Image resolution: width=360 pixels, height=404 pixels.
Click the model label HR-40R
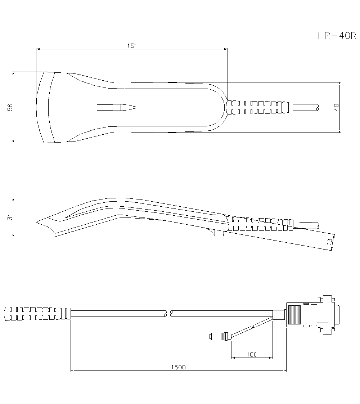coord(337,36)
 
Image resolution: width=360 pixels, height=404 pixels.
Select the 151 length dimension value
coord(132,46)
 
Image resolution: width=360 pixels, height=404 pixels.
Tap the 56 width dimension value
coord(10,107)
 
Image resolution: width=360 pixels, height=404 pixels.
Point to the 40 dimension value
coord(337,107)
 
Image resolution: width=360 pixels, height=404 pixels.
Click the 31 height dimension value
coord(10,217)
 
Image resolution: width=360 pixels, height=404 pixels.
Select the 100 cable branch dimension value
coord(252,354)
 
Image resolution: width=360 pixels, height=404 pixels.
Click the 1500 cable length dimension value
coord(179,367)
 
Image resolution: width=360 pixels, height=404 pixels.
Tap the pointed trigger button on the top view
coord(112,107)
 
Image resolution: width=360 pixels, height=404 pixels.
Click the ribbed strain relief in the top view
coord(259,107)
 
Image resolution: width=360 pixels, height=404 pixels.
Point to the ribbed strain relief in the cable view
coord(36,313)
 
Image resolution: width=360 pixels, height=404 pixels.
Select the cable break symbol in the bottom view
coord(168,313)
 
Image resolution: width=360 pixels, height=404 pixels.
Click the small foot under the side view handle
coord(218,234)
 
